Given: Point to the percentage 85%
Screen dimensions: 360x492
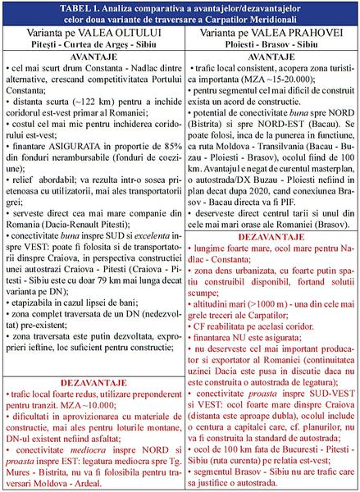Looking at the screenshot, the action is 161,167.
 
